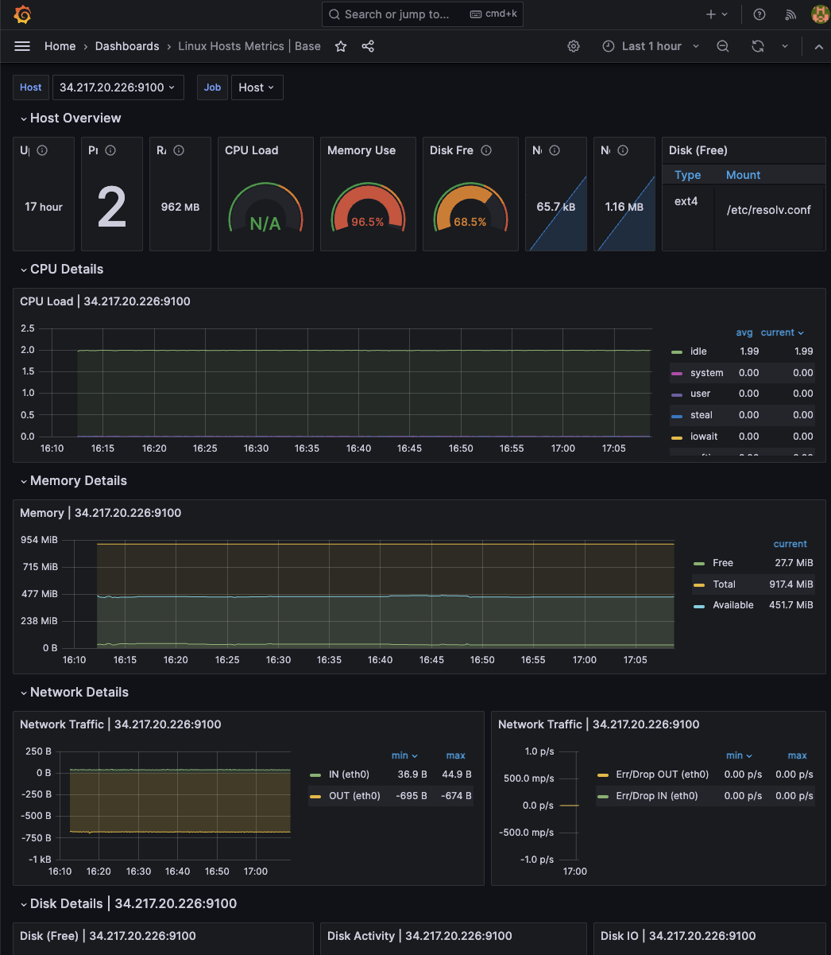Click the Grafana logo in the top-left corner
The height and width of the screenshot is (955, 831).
22,14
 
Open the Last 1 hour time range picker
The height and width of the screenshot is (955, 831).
651,46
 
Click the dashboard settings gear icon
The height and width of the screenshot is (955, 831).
574,46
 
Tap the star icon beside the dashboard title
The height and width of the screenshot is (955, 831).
341,46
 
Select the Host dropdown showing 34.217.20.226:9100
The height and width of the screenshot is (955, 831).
118,87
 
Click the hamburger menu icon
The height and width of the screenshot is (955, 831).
22,46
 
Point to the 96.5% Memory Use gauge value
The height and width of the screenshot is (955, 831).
367,222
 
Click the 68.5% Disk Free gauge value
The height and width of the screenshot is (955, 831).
470,222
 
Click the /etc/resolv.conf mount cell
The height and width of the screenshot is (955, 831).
768,210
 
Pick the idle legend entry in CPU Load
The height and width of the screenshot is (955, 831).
698,351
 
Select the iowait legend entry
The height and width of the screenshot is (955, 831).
703,437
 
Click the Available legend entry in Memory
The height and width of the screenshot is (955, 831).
732,605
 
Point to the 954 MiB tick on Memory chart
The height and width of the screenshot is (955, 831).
39,540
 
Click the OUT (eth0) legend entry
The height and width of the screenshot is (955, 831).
354,795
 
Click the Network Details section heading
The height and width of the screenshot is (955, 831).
79,692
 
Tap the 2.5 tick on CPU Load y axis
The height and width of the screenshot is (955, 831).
27,328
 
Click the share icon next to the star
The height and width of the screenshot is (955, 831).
368,46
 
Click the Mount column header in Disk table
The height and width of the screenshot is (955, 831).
743,175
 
